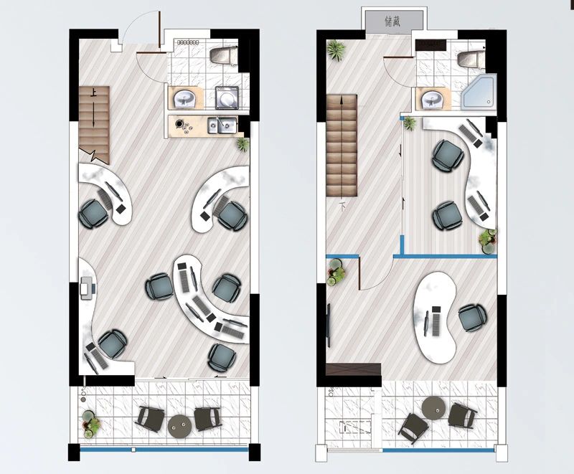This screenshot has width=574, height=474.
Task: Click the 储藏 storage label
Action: click(392, 22)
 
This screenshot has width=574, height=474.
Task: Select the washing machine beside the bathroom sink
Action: click(227, 98)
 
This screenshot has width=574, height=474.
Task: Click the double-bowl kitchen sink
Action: click(222, 125)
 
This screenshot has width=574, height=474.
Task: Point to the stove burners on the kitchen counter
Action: click(183, 125)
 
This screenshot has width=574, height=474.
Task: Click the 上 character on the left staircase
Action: click(93, 93)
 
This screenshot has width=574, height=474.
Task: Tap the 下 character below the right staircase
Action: click(343, 207)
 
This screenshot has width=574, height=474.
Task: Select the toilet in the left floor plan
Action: click(224, 56)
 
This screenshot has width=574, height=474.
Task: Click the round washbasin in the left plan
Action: click(184, 98)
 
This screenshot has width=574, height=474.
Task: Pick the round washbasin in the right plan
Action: click(433, 99)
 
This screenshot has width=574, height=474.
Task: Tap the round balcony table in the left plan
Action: click(180, 426)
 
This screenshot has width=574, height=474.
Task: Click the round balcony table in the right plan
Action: click(434, 408)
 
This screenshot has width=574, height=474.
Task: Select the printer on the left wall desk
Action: click(87, 288)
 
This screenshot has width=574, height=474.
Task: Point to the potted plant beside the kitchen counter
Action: click(243, 143)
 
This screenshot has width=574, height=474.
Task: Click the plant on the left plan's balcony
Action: click(90, 425)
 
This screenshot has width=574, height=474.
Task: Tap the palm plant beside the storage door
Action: click(336, 50)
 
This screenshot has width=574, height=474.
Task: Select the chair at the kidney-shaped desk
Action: click(472, 318)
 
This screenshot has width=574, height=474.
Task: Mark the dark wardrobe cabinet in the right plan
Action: click(353, 369)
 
